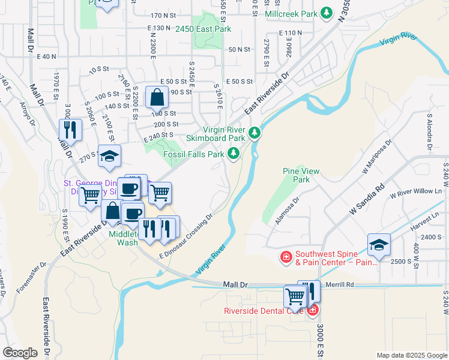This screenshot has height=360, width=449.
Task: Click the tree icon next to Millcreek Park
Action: tap(327, 13)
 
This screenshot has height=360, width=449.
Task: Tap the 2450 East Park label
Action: tap(203, 29)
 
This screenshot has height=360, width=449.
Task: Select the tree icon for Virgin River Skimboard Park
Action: tap(255, 133)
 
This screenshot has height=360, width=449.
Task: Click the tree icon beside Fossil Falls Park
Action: tap(233, 154)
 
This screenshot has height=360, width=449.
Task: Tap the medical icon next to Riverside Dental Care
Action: tap(312, 310)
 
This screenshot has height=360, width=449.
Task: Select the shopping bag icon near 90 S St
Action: tap(157, 96)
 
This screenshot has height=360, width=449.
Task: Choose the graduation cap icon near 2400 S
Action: tap(379, 244)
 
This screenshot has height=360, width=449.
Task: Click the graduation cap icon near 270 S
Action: tap(109, 156)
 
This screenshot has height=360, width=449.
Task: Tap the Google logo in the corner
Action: tap(20, 352)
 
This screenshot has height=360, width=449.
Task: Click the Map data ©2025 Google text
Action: tap(411, 355)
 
